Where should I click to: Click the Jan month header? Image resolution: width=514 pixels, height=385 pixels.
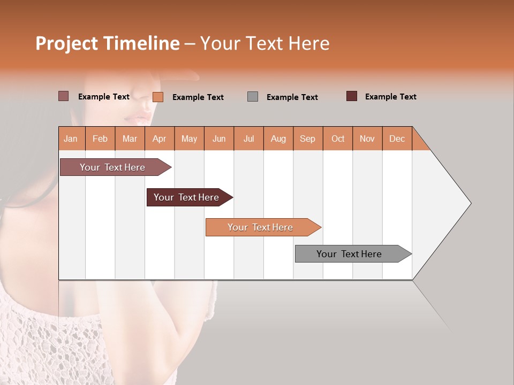(x=71, y=139)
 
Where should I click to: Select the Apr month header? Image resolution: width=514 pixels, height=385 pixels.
(x=160, y=139)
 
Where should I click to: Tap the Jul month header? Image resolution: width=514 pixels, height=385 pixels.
(x=248, y=139)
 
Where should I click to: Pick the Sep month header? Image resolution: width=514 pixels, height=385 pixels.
(x=307, y=139)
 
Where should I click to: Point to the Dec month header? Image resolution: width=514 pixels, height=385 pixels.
(x=397, y=139)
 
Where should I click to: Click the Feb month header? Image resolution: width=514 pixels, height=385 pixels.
(x=100, y=139)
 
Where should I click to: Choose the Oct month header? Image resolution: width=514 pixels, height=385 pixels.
(x=338, y=139)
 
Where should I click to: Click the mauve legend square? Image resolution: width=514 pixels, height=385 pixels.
(x=63, y=96)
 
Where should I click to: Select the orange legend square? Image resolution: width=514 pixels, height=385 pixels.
(x=158, y=97)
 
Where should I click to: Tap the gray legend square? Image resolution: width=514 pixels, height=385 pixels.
(x=253, y=97)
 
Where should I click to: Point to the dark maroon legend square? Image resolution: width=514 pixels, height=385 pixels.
(x=352, y=96)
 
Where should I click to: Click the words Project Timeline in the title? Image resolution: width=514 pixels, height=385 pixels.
(x=107, y=44)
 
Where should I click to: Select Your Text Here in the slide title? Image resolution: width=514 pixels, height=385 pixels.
(x=264, y=44)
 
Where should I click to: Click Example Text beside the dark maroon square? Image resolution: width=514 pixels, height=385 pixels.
(x=390, y=97)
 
